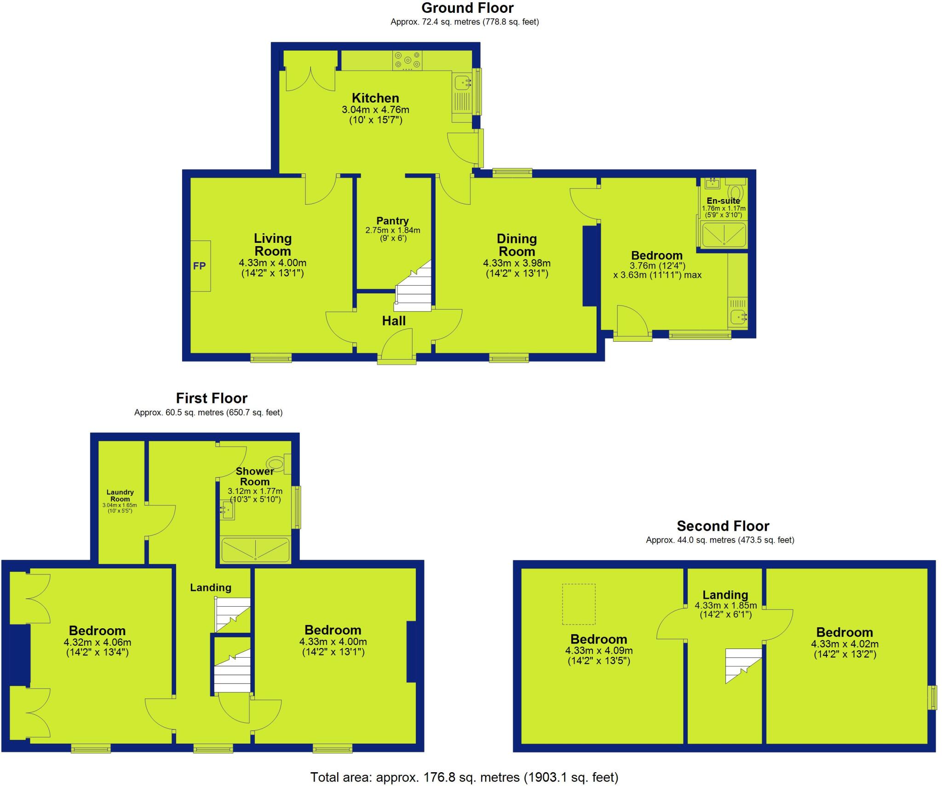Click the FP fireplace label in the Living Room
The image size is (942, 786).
(x=199, y=266)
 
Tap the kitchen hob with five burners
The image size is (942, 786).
(x=408, y=61)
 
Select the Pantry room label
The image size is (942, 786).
(x=392, y=221)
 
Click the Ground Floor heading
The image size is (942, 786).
(x=467, y=8)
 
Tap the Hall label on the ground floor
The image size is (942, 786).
(x=394, y=321)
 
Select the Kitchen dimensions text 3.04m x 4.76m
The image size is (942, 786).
(x=375, y=110)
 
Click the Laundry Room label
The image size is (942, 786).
(x=120, y=495)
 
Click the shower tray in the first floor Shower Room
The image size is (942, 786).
(x=255, y=550)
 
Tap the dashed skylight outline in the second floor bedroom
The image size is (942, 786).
(x=579, y=604)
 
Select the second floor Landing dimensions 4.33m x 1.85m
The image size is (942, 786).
(x=725, y=606)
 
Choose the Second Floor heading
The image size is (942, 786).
(x=723, y=526)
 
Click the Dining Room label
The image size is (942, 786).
(x=517, y=245)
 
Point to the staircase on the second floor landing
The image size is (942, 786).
(x=742, y=665)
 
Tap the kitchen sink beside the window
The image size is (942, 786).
(x=461, y=83)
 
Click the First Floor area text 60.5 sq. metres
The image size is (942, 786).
(x=208, y=413)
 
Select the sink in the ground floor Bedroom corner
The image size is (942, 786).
(x=738, y=317)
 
